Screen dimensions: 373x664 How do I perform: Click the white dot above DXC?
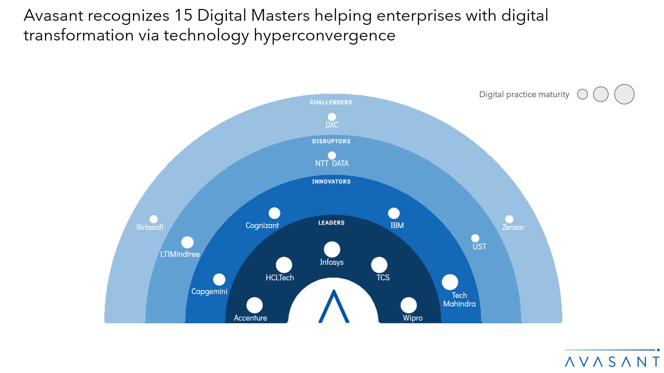tap(331, 117)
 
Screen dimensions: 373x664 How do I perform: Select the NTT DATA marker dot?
tap(331, 156)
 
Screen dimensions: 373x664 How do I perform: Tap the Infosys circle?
tap(332, 249)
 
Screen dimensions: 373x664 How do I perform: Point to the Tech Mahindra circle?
tap(450, 282)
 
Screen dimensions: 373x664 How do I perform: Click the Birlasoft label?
tap(149, 227)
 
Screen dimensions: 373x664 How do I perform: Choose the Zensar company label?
tap(513, 227)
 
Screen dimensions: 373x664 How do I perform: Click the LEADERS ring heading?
tap(331, 223)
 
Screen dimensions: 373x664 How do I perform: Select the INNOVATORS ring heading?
tap(331, 181)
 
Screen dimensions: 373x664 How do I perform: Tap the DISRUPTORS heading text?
tap(331, 141)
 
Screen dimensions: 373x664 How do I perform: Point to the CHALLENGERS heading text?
tap(331, 102)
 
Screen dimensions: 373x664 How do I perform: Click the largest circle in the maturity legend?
tap(624, 94)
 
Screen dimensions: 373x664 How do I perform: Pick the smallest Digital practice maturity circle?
tap(582, 94)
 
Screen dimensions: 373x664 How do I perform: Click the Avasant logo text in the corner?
tap(612, 362)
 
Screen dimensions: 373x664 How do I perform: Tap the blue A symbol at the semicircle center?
tap(334, 307)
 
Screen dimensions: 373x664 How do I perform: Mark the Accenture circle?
tap(254, 305)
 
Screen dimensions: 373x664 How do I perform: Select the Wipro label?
tap(412, 318)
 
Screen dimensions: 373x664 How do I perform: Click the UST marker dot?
tap(475, 238)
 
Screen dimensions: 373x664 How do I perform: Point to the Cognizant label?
tap(262, 225)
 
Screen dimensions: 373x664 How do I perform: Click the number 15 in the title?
tap(183, 16)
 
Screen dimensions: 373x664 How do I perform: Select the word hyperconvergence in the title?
tap(324, 35)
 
